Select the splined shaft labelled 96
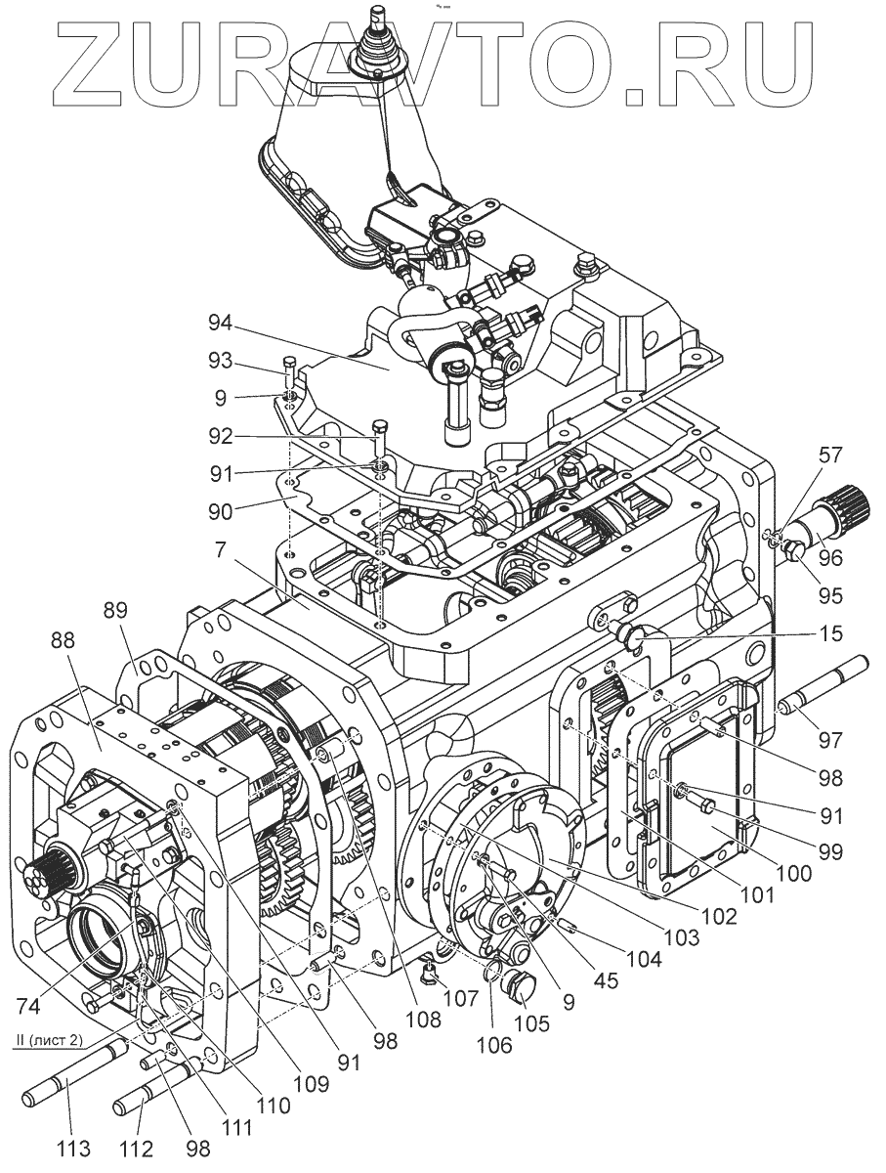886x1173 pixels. (x=834, y=517)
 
